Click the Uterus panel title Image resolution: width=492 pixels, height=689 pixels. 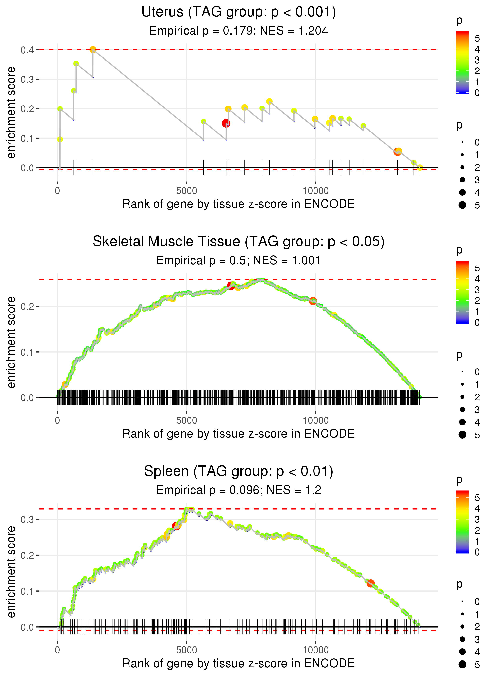(x=239, y=12)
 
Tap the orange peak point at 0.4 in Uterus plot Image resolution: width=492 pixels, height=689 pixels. (x=93, y=49)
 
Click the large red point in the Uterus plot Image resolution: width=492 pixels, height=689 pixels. (x=226, y=123)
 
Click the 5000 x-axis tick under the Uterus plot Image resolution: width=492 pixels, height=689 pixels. (x=187, y=191)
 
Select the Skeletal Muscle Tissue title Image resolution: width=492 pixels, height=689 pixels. (x=239, y=242)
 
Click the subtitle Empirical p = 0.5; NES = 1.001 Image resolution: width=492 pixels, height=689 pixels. (x=239, y=260)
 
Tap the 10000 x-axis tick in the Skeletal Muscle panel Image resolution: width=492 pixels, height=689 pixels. (x=316, y=420)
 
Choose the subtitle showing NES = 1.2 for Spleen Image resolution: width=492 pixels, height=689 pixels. (x=239, y=490)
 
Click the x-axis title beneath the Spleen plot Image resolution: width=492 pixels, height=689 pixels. (x=239, y=663)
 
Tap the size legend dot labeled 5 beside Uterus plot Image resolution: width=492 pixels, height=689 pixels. (x=462, y=205)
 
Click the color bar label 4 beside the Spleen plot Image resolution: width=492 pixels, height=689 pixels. (x=477, y=508)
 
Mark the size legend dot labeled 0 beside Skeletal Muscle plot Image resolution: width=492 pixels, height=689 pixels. (x=462, y=372)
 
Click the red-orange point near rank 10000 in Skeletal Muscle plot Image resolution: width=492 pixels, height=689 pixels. (x=313, y=301)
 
